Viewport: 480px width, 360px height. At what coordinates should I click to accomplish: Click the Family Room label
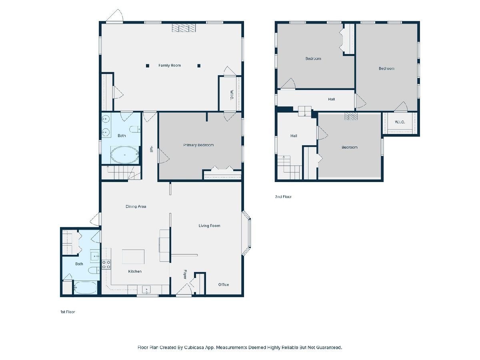tap(170, 65)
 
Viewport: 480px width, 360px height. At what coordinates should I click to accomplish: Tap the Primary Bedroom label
tap(198, 145)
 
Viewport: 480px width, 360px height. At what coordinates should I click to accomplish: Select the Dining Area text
tap(136, 206)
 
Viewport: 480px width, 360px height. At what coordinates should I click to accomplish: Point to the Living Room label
tap(209, 226)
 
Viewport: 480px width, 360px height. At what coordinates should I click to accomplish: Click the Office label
tap(224, 284)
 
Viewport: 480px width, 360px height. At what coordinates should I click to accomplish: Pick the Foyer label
tap(185, 274)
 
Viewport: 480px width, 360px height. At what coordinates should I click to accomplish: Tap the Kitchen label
tap(135, 271)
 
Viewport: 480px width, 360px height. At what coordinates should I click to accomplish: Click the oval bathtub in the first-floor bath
tap(125, 154)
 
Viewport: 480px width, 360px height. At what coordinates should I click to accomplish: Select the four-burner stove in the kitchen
tap(106, 264)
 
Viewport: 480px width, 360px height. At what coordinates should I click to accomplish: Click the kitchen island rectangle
tap(133, 257)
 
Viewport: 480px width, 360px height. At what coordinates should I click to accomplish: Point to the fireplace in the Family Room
tap(184, 28)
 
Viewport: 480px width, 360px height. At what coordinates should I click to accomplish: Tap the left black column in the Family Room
tap(148, 66)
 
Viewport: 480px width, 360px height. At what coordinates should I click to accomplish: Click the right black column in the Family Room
tap(199, 66)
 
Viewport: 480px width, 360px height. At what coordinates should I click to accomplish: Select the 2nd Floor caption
tap(283, 196)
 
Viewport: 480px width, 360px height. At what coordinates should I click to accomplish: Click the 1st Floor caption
tap(68, 312)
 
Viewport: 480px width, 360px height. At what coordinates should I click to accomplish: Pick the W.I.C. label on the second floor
tap(400, 122)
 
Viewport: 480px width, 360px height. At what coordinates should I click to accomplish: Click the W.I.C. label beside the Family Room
tap(232, 95)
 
